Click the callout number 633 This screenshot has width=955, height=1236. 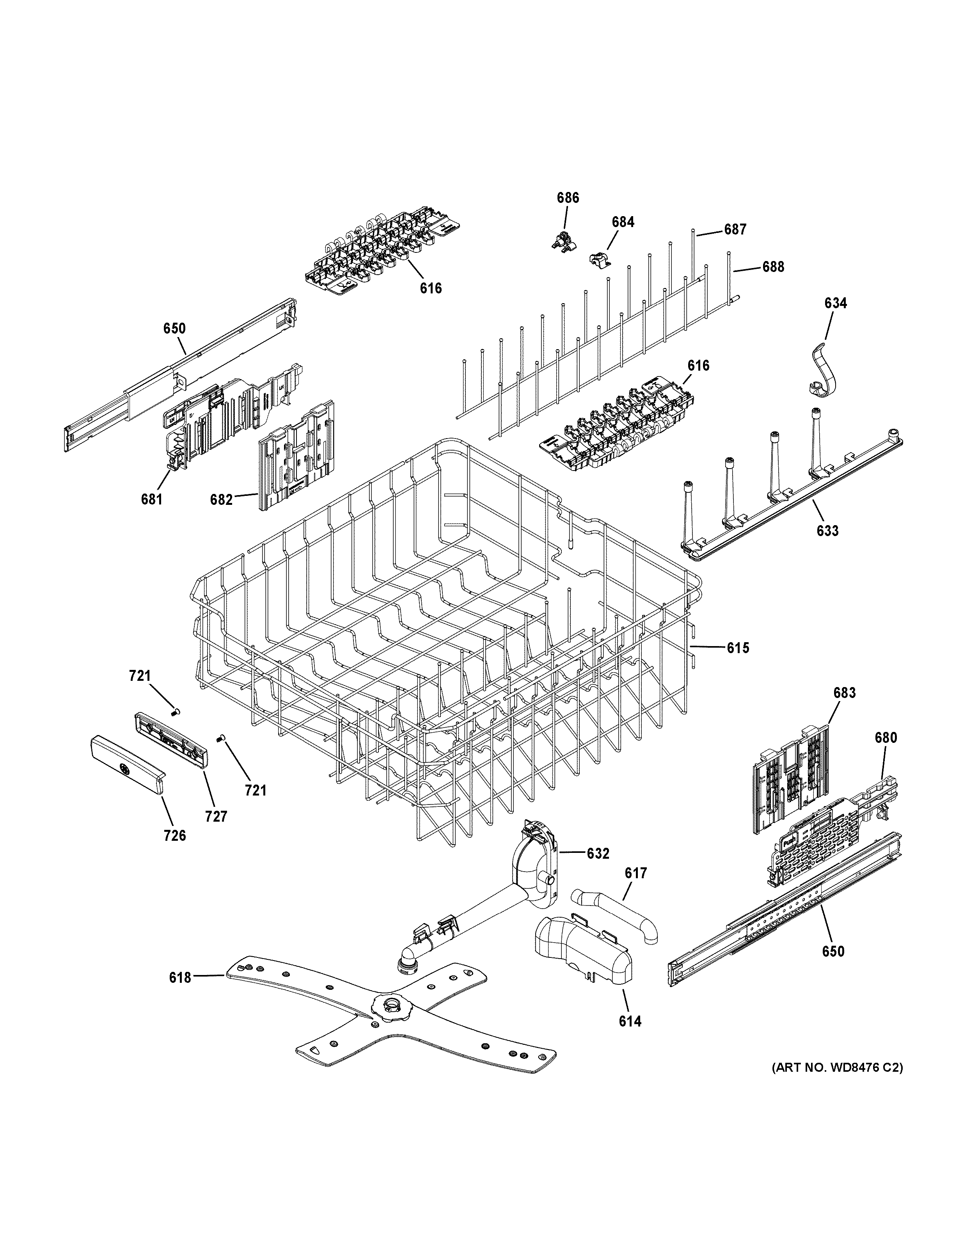pos(827,531)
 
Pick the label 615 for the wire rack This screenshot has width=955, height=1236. pos(738,648)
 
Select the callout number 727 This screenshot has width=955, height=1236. pos(216,816)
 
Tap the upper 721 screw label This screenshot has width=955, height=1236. pos(140,676)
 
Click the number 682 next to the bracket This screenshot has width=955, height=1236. pos(221,500)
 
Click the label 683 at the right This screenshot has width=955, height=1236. pos(844,693)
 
